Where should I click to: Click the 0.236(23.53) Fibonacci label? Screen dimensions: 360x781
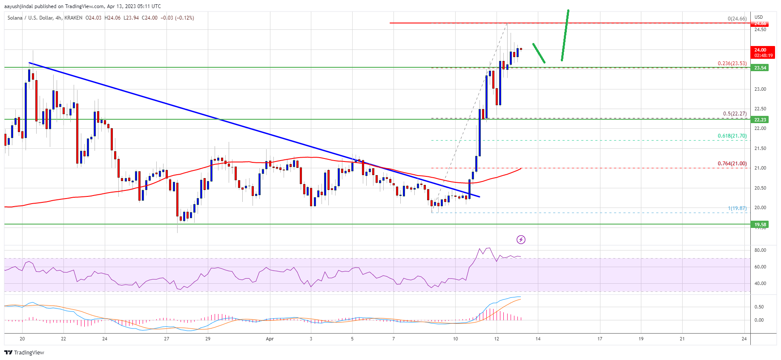point(732,63)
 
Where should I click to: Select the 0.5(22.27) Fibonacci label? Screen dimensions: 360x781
point(735,114)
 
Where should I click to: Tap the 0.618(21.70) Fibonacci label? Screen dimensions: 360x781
point(732,136)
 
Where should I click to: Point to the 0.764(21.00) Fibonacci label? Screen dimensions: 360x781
point(732,164)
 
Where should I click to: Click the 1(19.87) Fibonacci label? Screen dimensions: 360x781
point(737,208)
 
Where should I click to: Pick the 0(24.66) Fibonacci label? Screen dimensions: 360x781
point(737,19)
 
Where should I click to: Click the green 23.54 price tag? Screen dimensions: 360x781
point(760,68)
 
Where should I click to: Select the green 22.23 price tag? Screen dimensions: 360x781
point(760,120)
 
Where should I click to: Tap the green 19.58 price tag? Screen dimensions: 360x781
point(760,225)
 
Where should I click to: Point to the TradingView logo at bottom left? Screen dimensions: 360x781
point(24,352)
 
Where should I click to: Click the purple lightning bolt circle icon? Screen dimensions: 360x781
point(521,240)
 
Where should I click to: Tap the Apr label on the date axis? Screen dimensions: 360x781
point(270,339)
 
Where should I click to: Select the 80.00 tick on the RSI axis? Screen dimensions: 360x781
point(760,251)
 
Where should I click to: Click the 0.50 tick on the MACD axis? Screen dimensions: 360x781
point(759,307)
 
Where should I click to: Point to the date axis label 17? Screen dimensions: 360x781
point(600,339)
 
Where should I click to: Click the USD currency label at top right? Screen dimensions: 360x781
point(759,17)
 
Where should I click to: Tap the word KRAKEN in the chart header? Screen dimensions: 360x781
point(73,18)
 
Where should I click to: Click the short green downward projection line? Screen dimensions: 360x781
point(539,53)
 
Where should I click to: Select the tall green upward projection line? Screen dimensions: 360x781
point(565,35)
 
